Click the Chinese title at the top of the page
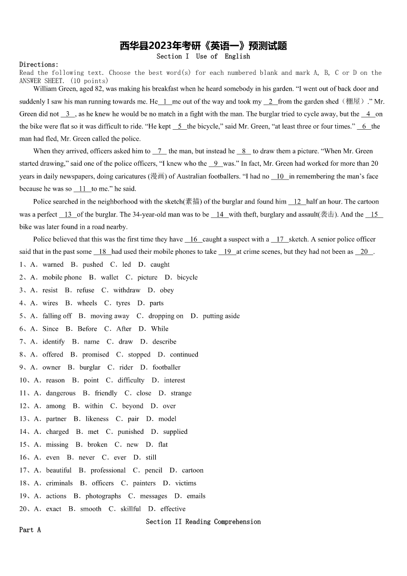point(203,46)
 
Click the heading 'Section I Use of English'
point(203,56)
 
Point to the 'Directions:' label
point(39,65)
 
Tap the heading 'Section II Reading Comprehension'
point(203,522)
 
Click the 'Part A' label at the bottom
point(30,530)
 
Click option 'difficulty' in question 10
point(131,380)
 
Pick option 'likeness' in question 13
point(97,419)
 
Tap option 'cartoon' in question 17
point(193,470)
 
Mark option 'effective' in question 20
point(173,509)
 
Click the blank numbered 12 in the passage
point(297,202)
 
